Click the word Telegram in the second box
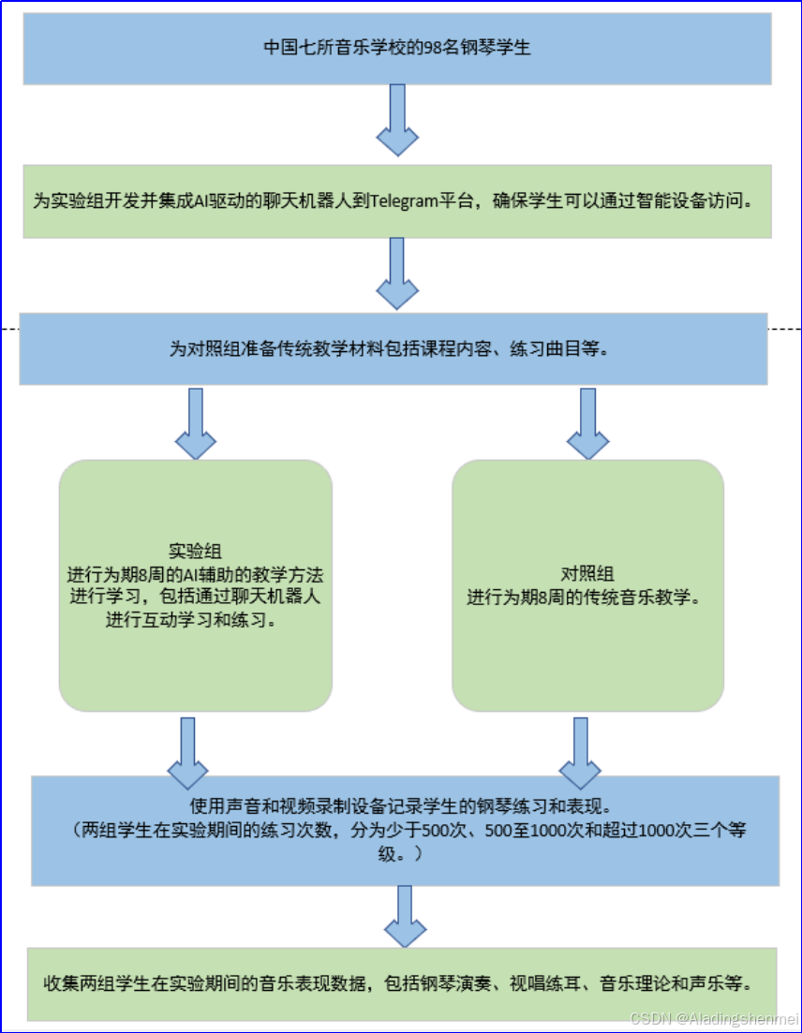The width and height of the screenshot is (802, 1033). click(x=407, y=201)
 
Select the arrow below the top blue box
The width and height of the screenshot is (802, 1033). click(x=396, y=120)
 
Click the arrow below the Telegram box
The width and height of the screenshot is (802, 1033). click(x=396, y=273)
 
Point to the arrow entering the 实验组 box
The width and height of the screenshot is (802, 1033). click(x=196, y=422)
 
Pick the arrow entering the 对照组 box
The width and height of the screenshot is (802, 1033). click(x=587, y=422)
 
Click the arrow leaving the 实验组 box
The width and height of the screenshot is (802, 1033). click(x=187, y=753)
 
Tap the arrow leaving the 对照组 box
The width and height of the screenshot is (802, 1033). click(x=580, y=753)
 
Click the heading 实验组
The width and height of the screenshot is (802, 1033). click(x=195, y=551)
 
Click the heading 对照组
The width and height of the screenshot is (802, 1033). click(x=587, y=573)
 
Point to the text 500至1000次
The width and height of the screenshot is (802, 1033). click(x=519, y=830)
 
